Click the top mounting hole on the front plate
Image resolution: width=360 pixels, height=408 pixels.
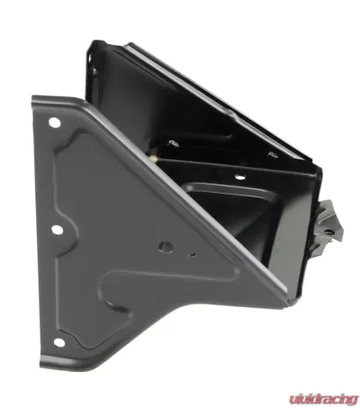tap(55, 122)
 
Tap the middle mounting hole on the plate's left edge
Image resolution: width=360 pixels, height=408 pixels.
tap(57, 230)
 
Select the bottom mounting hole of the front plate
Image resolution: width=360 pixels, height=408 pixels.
tap(59, 342)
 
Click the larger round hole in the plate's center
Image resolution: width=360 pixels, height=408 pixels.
tap(166, 247)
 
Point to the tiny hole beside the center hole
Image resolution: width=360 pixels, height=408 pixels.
tap(192, 255)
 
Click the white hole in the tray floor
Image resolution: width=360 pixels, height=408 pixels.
tap(239, 177)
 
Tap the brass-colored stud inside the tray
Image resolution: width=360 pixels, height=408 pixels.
tap(152, 159)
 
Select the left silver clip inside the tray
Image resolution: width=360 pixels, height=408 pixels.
tap(174, 143)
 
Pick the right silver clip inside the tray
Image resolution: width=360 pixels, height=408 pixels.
tap(273, 154)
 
